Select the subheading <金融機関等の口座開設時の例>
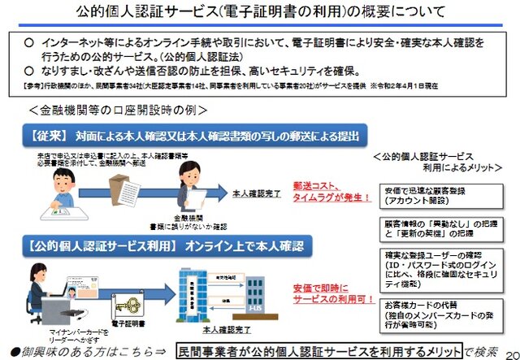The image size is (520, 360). pyautogui.click(x=118, y=109)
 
